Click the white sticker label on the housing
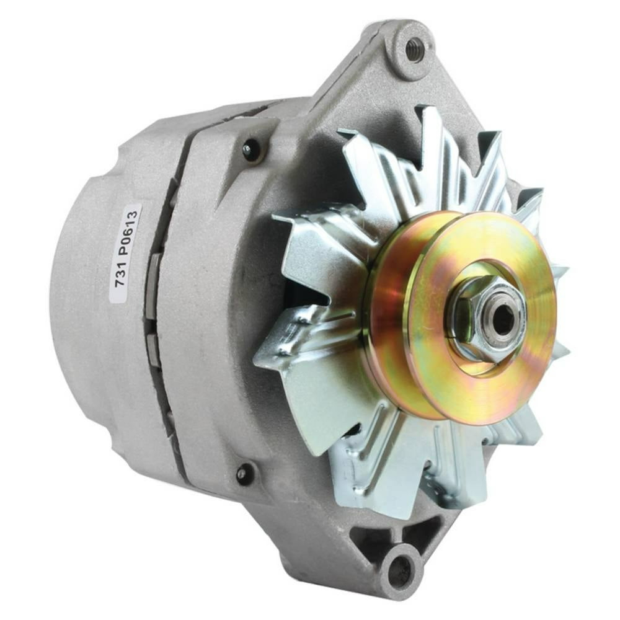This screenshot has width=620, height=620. coord(125,253)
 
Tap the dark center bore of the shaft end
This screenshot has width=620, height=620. coord(502,318)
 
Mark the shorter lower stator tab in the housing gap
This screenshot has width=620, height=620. coord(153,351)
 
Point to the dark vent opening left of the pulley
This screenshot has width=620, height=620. coord(304,298)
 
